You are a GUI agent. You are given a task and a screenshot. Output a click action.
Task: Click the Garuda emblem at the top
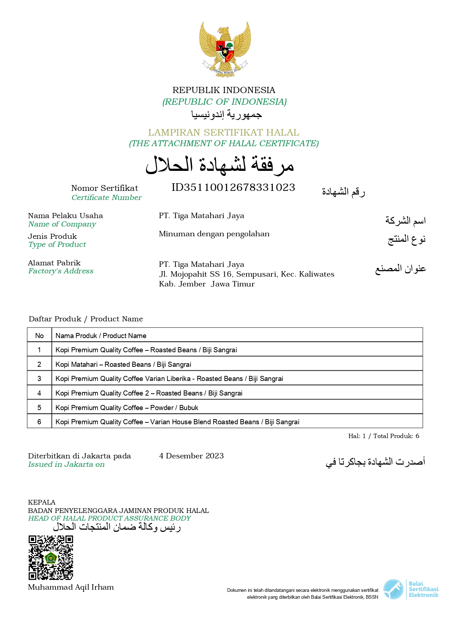[x=225, y=49]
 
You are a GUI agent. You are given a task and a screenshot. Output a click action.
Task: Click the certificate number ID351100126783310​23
[x=233, y=188]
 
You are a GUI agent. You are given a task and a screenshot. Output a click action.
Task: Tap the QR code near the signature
[x=51, y=557]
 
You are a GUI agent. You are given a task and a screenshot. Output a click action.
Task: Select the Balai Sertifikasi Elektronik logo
[x=411, y=589]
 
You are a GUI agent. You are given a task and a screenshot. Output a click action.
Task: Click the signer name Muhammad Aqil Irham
[x=71, y=587]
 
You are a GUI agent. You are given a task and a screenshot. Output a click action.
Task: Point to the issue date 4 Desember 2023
[x=191, y=456]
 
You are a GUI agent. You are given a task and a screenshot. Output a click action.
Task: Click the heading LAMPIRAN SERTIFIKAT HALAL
[x=224, y=132]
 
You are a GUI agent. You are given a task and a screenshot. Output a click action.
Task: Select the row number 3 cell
[x=39, y=378]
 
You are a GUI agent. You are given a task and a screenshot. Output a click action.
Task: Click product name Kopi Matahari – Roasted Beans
[x=123, y=364]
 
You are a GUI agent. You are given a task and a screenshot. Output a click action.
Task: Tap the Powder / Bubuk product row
[x=127, y=408]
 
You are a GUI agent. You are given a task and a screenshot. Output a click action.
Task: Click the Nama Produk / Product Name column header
[x=101, y=336]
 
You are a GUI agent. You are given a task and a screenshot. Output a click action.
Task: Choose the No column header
[x=39, y=336]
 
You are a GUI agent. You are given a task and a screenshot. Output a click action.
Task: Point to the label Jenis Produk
[x=52, y=236]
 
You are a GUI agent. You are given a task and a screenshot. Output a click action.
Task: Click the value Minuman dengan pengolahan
[x=214, y=234]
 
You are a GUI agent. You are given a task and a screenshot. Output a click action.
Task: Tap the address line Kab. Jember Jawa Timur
[x=207, y=284]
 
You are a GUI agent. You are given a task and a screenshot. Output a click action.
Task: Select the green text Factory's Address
[x=61, y=271]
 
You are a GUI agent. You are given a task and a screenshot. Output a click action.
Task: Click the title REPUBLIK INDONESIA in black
[x=224, y=90]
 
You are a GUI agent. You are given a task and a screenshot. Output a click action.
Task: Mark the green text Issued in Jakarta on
[x=66, y=464]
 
